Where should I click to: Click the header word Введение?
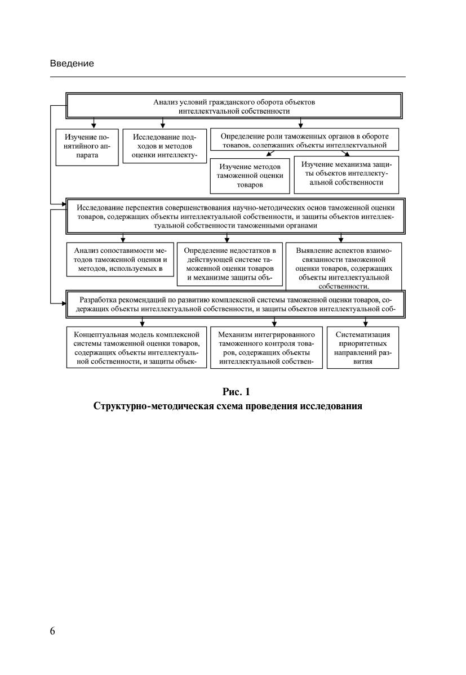[72, 64]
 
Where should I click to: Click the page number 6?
[52, 631]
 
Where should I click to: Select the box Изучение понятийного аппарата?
[87, 146]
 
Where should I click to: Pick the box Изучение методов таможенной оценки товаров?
[248, 176]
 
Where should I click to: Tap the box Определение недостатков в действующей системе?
[230, 262]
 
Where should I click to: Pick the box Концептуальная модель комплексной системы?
[136, 347]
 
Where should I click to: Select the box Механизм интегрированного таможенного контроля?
[266, 347]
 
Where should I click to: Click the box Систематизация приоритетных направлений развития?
[363, 347]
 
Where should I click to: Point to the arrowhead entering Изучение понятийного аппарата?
[94, 126]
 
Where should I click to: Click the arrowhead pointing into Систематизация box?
[366, 324]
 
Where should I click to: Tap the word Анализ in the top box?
[166, 102]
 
